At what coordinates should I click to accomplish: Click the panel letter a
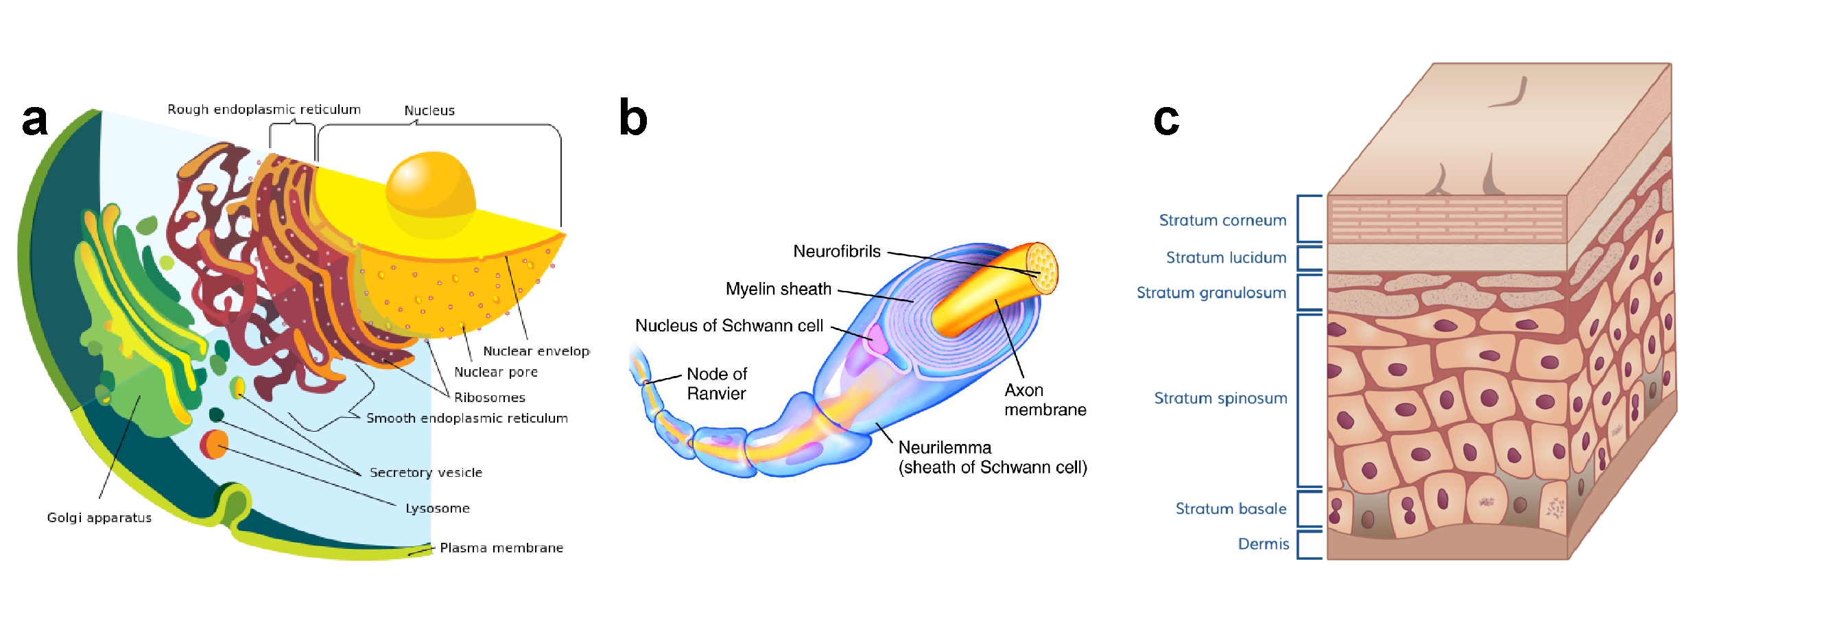click(x=34, y=119)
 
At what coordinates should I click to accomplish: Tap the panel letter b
click(x=632, y=117)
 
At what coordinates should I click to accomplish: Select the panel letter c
click(x=1166, y=119)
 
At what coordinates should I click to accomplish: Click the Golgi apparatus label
click(x=99, y=518)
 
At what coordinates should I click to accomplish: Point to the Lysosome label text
click(x=438, y=508)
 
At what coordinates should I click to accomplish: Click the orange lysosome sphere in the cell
click(x=216, y=445)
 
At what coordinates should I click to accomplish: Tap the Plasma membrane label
click(x=501, y=548)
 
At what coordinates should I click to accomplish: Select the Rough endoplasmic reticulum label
click(x=263, y=109)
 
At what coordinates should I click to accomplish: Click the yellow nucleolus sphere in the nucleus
click(x=430, y=187)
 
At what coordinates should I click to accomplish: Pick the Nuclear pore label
click(x=496, y=372)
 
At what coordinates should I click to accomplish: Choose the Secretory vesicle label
click(x=425, y=472)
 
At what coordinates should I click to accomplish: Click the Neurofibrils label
click(x=836, y=251)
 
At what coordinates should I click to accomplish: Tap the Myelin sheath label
click(x=778, y=288)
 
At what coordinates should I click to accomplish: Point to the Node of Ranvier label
click(x=716, y=383)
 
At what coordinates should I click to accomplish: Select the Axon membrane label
click(x=1044, y=399)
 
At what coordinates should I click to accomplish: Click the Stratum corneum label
click(x=1222, y=220)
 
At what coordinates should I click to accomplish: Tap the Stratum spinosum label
click(x=1220, y=398)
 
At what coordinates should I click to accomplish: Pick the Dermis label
click(x=1263, y=544)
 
